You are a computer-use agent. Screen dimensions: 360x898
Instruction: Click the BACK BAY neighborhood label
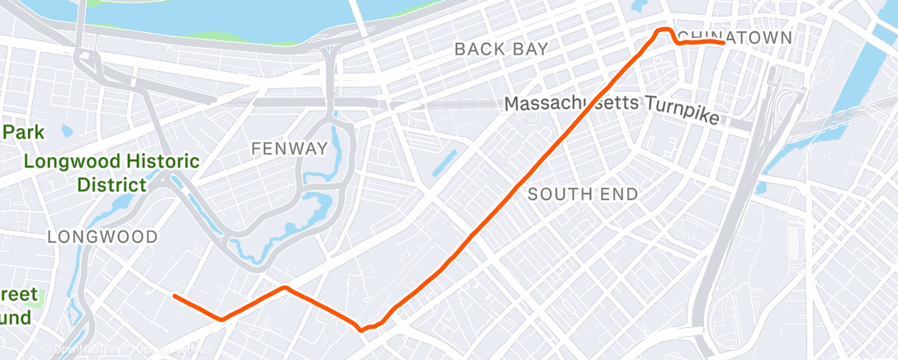[x=501, y=49]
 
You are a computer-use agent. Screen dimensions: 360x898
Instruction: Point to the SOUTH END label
[x=583, y=194]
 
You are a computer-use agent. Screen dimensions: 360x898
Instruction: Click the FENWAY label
[x=289, y=149]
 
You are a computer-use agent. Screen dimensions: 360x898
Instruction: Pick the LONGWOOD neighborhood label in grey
[x=102, y=237]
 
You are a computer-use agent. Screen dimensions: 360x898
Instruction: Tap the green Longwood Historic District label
[x=111, y=172]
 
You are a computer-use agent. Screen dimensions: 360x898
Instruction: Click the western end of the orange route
[x=174, y=296]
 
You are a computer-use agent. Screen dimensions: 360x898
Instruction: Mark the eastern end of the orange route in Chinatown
[x=723, y=42]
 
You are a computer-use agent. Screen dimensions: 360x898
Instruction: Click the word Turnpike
[x=682, y=115]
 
